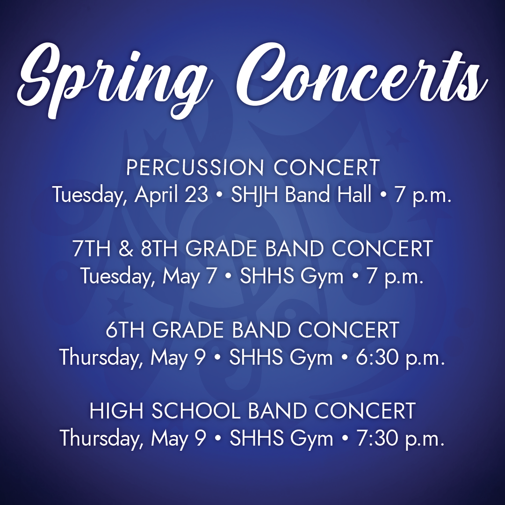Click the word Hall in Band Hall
click(x=353, y=194)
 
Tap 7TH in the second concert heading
click(x=92, y=249)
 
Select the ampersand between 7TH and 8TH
click(x=126, y=249)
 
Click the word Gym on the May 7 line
click(x=322, y=276)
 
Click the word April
click(x=154, y=194)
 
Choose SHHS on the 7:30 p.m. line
click(x=255, y=439)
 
